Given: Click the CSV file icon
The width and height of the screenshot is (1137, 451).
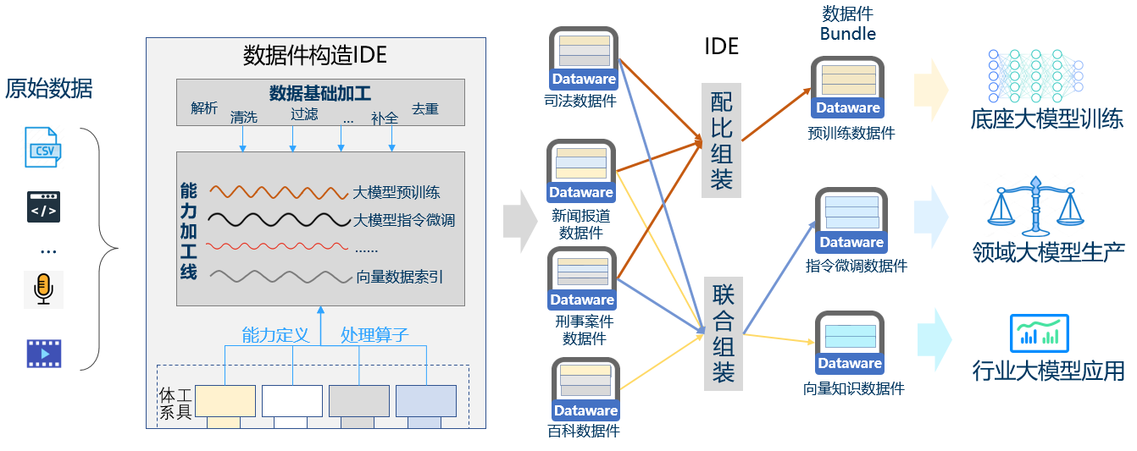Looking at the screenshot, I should point(42,148).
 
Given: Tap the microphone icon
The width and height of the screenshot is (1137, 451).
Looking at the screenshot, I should point(43,289).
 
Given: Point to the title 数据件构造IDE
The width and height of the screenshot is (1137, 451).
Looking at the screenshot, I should point(314,55).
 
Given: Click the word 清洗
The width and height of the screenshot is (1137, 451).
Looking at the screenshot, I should point(243,118).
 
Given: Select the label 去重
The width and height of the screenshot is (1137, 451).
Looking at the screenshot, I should point(425,109).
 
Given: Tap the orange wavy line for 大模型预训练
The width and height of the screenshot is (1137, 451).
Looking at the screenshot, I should point(278,192).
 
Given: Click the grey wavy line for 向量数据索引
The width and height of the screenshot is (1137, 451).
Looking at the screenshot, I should point(278,277).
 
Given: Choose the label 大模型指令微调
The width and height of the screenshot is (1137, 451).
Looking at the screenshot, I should point(403,221).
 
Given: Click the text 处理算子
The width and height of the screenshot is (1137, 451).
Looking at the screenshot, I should point(374,335).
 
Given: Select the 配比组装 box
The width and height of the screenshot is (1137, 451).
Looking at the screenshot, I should point(722,140).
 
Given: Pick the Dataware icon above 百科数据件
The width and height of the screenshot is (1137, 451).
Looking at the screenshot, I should point(585,390).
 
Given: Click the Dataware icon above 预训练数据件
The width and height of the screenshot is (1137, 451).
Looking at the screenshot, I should point(847,87).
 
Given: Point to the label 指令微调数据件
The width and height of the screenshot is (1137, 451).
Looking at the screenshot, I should point(856,266).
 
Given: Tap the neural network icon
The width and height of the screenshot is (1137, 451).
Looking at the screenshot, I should point(1035,75).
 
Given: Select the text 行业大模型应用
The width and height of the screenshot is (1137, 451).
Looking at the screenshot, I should point(1048,371).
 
